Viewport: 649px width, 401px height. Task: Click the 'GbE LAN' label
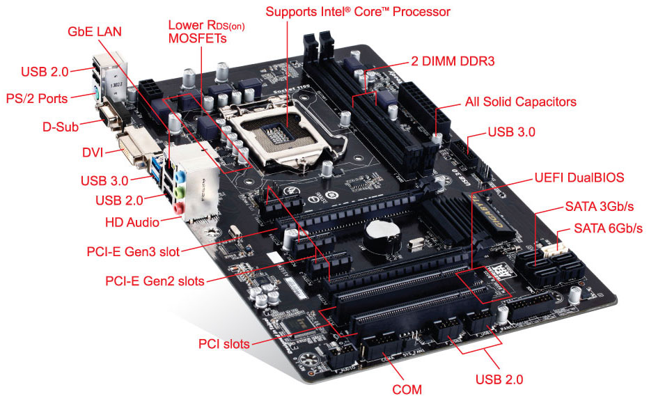point(95,31)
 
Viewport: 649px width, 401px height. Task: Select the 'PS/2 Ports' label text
point(37,98)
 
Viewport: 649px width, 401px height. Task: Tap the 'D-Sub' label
point(61,127)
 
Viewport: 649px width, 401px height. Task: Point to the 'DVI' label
point(93,152)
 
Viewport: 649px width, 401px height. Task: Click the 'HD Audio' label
point(132,222)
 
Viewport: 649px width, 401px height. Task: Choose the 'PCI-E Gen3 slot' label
point(133,251)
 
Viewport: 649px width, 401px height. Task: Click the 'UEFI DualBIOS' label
point(579,178)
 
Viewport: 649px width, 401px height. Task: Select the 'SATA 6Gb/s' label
point(608,228)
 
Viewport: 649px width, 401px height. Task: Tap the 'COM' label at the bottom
point(407,389)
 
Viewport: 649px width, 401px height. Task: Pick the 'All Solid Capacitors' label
point(521,102)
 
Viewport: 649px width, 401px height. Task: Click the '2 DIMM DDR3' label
point(453,61)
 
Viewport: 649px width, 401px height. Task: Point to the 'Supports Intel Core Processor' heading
point(358,12)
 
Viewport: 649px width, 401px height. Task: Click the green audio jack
point(179,193)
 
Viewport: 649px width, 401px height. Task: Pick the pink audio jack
point(178,207)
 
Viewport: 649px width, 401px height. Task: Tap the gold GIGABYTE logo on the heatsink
point(488,210)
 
